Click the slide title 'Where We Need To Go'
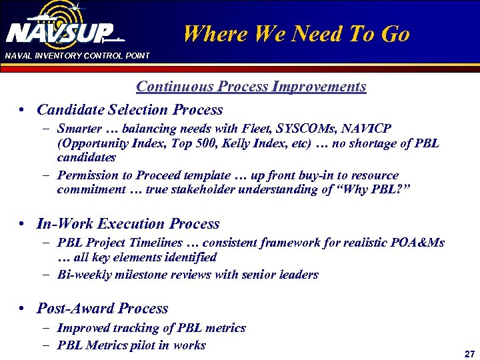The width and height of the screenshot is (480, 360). pos(296,34)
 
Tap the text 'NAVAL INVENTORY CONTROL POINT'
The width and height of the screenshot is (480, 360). pos(77,55)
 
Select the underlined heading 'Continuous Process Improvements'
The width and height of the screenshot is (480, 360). pos(251,87)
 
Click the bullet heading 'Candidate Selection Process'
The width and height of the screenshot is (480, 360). pos(129,109)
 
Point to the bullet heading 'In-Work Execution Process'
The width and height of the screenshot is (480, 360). pos(128,224)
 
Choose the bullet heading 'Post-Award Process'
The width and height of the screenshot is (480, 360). pos(102,308)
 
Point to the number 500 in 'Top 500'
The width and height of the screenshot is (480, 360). pos(217,143)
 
